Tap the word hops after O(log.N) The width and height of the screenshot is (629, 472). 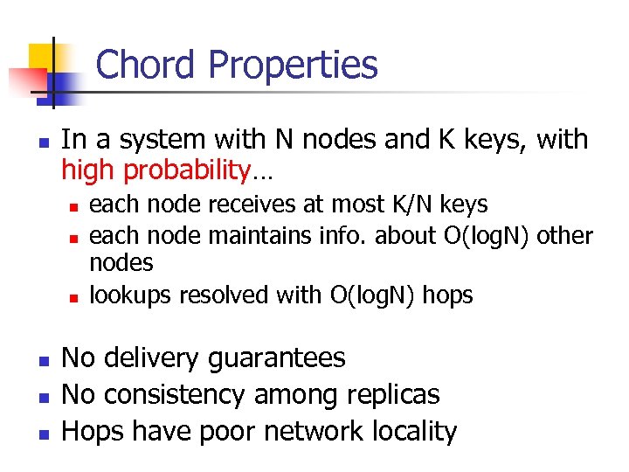point(447,295)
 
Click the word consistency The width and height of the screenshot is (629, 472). point(173,394)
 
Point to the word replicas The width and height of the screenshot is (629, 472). point(389,394)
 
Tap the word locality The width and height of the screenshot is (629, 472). point(413,431)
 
